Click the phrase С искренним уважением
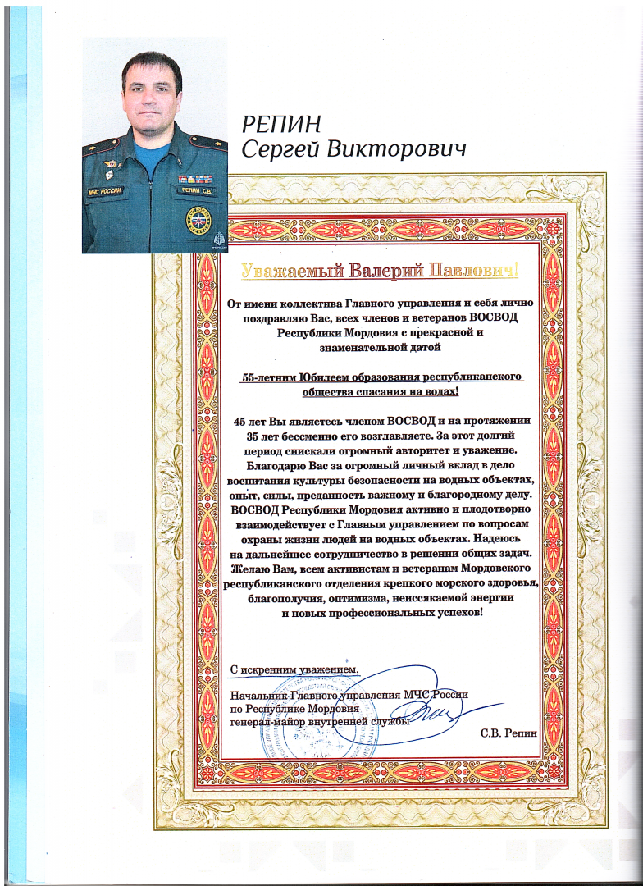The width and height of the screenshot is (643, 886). coord(294,670)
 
